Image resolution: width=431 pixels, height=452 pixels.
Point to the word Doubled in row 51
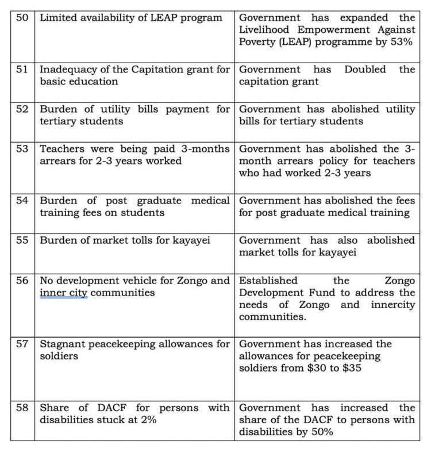368,69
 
